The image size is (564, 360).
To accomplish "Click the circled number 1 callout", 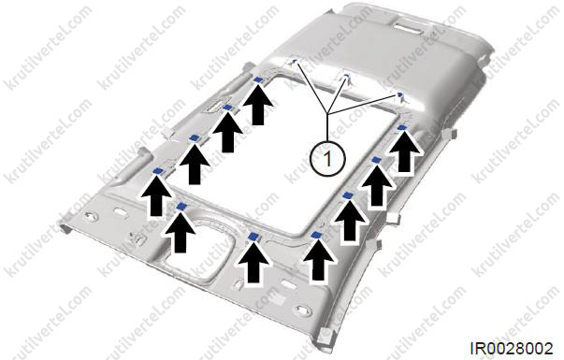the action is pos(327,157).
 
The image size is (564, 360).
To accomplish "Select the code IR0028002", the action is pos(512,349).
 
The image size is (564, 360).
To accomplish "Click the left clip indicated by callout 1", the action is pos(293,62).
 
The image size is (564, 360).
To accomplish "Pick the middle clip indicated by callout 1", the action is pos(346,77).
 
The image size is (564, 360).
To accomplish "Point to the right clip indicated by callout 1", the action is pos(399,94).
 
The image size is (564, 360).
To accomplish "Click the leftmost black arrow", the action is pos(156,195).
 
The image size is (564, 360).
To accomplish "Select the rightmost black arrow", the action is pos(405,152).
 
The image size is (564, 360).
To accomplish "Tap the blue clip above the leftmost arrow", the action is pos(158,171).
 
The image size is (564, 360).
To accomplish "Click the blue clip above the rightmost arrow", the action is pos(402,127).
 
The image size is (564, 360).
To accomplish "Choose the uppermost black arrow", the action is pos(257,105).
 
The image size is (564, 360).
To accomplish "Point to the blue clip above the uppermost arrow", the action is pos(257,79).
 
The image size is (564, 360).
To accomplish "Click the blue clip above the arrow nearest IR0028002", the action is pos(316,236).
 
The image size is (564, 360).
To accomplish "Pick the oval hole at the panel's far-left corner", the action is pos(91,217).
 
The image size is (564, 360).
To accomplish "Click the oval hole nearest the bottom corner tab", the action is pos(303,310).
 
